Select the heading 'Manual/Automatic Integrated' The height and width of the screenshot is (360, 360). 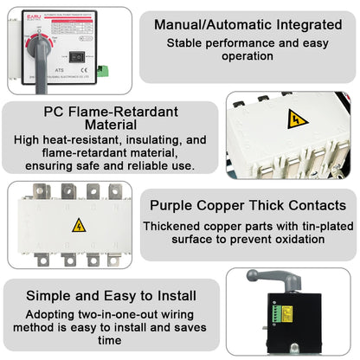click(x=247, y=23)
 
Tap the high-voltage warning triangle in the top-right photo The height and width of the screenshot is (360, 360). click(x=293, y=120)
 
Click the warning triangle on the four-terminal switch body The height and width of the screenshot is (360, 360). click(x=79, y=226)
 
